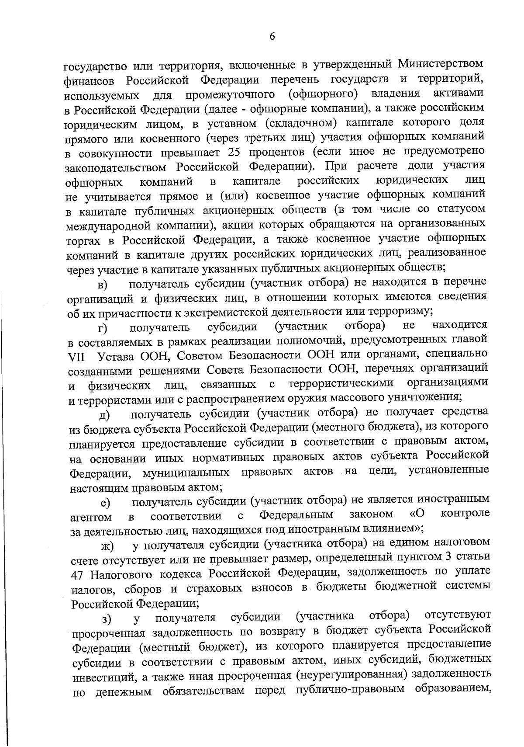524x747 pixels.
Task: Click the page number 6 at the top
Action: click(x=272, y=37)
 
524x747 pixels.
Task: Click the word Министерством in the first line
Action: click(x=441, y=64)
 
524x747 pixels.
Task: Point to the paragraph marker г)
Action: click(x=103, y=328)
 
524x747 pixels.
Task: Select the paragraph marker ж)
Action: click(x=107, y=546)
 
